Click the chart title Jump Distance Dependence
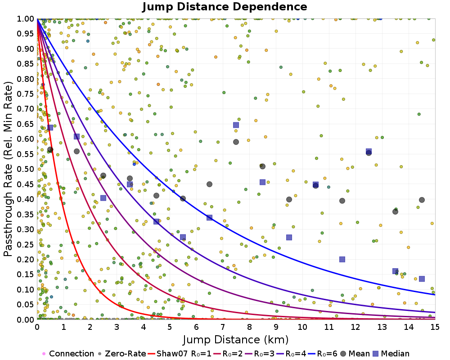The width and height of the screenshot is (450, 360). click(225, 7)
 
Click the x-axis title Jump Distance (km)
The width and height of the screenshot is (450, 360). click(236, 339)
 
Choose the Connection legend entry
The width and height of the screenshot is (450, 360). click(68, 354)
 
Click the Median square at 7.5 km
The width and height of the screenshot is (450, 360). click(236, 125)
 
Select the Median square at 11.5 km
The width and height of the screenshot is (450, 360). click(342, 259)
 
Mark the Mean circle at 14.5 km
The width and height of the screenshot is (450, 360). click(422, 200)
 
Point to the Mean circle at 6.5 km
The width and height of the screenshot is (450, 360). click(209, 184)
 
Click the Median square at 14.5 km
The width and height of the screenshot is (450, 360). click(422, 279)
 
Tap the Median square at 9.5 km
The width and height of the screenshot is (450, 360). click(289, 237)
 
